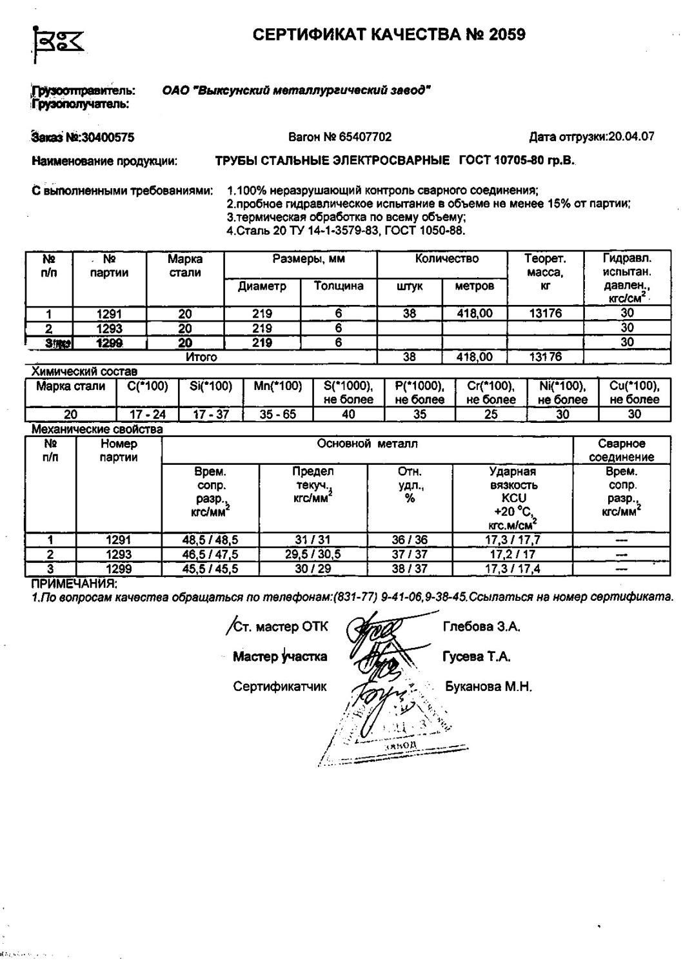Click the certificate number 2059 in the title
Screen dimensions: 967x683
click(x=507, y=35)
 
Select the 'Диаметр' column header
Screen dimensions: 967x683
click(x=262, y=286)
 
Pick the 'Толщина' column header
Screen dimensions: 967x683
click(x=339, y=286)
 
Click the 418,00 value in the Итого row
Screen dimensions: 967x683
click(x=474, y=357)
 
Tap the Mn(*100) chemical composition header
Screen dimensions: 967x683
click(x=277, y=387)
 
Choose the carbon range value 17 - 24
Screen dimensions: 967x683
click(x=148, y=415)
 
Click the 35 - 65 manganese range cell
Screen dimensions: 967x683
click(x=277, y=415)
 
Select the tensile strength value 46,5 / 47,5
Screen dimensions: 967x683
click(x=210, y=554)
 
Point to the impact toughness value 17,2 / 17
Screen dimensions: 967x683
click(x=513, y=554)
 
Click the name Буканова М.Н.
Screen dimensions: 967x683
click(x=488, y=687)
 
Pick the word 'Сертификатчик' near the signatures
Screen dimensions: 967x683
click(x=280, y=687)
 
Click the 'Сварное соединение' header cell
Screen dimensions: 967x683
click(x=622, y=451)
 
